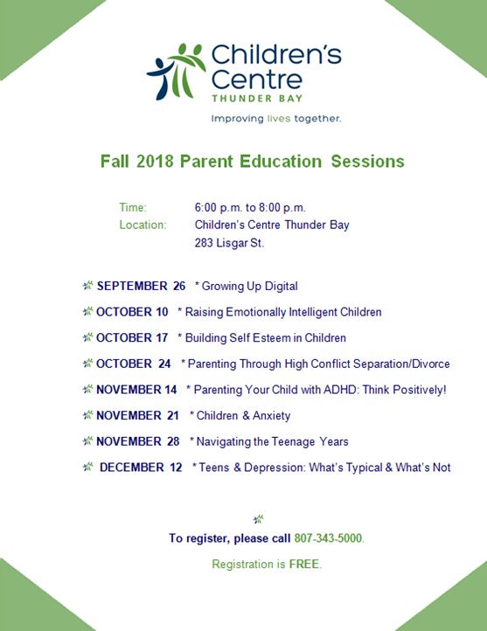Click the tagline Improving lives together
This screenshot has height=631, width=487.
(x=276, y=117)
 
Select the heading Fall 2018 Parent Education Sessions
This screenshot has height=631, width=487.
(x=252, y=162)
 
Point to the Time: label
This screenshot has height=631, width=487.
(x=133, y=207)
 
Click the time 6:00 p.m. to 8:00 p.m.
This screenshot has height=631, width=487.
(x=250, y=207)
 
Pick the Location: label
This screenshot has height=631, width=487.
(x=143, y=225)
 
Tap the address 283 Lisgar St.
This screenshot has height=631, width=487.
(x=229, y=242)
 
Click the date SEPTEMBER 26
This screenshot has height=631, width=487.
(x=141, y=286)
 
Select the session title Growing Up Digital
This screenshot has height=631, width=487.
(x=250, y=286)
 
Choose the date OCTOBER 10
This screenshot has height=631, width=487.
(x=132, y=312)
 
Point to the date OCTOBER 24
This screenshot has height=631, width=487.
(x=133, y=364)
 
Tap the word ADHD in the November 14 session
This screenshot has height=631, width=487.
(x=341, y=390)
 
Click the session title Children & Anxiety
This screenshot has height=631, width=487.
(x=244, y=416)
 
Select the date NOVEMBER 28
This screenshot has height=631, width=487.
(x=137, y=441)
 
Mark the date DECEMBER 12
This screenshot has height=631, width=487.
(x=141, y=468)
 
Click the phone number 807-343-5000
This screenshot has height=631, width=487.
(x=327, y=538)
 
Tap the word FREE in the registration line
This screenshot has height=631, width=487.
(x=307, y=565)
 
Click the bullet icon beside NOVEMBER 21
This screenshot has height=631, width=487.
(x=88, y=416)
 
